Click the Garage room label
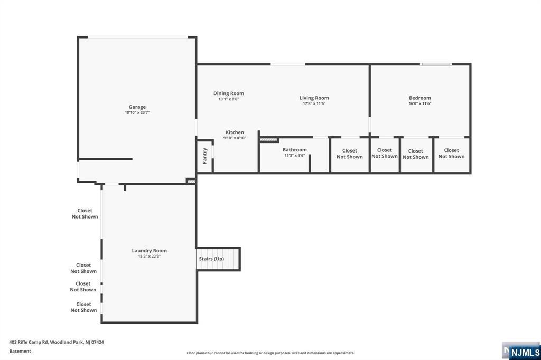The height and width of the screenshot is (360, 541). pos(137,107)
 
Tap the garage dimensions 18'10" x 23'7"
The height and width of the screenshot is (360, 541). pos(137,113)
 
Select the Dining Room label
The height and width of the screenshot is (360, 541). pos(229,93)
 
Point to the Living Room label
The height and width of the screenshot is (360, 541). pos(314,98)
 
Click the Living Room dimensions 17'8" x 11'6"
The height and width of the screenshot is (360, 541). pos(314,103)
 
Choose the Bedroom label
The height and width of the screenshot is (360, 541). pos(420,98)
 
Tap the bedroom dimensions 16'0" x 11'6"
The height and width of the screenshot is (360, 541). pos(420,103)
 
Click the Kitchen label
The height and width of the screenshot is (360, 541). pos(235,132)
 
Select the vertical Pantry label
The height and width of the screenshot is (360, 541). pos(204,156)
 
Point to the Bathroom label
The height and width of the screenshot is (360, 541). pos(294,150)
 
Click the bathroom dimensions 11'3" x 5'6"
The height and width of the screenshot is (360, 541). pos(294,156)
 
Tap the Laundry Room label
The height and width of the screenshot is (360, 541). pos(149,251)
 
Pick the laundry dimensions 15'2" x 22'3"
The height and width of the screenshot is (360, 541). pos(149,257)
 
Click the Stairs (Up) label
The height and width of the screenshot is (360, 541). pos(211,259)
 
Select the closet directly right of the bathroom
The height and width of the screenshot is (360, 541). pos(350,154)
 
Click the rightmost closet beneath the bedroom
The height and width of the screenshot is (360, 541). pos(452,153)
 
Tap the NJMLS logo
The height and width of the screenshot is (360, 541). pos(525,352)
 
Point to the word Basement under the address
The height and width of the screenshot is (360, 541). pos(20,351)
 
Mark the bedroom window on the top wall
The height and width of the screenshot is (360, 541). pos(436,64)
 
